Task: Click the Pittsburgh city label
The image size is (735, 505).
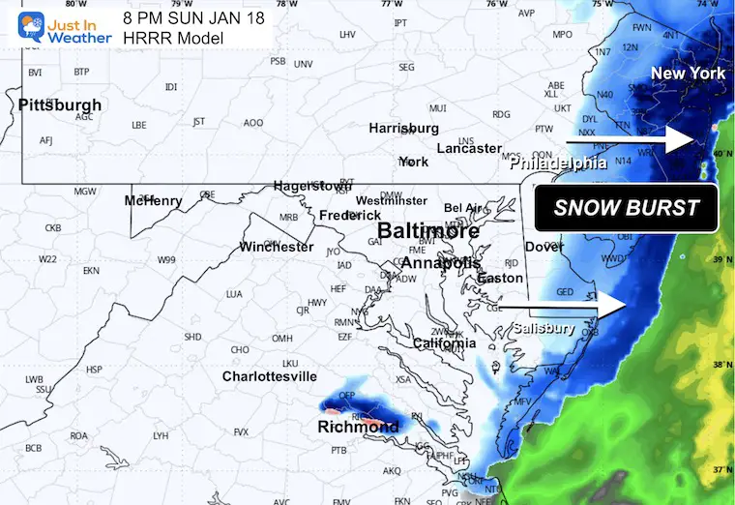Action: coord(59,104)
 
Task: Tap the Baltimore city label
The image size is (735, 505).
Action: coord(427,232)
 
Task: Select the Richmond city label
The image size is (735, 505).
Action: coord(358,427)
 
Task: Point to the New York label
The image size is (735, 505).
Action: coord(687,74)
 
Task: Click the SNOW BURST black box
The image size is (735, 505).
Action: coord(627,208)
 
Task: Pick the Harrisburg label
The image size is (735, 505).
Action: coord(403,128)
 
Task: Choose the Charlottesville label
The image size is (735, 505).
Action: coord(270,375)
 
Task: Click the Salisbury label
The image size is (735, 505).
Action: coord(544,328)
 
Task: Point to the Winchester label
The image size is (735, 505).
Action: coord(277,247)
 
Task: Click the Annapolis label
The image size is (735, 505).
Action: coord(440,263)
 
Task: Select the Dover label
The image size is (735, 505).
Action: coord(544,247)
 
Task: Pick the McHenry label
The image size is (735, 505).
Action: coord(153,200)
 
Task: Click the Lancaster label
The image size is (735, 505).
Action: coord(469,148)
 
